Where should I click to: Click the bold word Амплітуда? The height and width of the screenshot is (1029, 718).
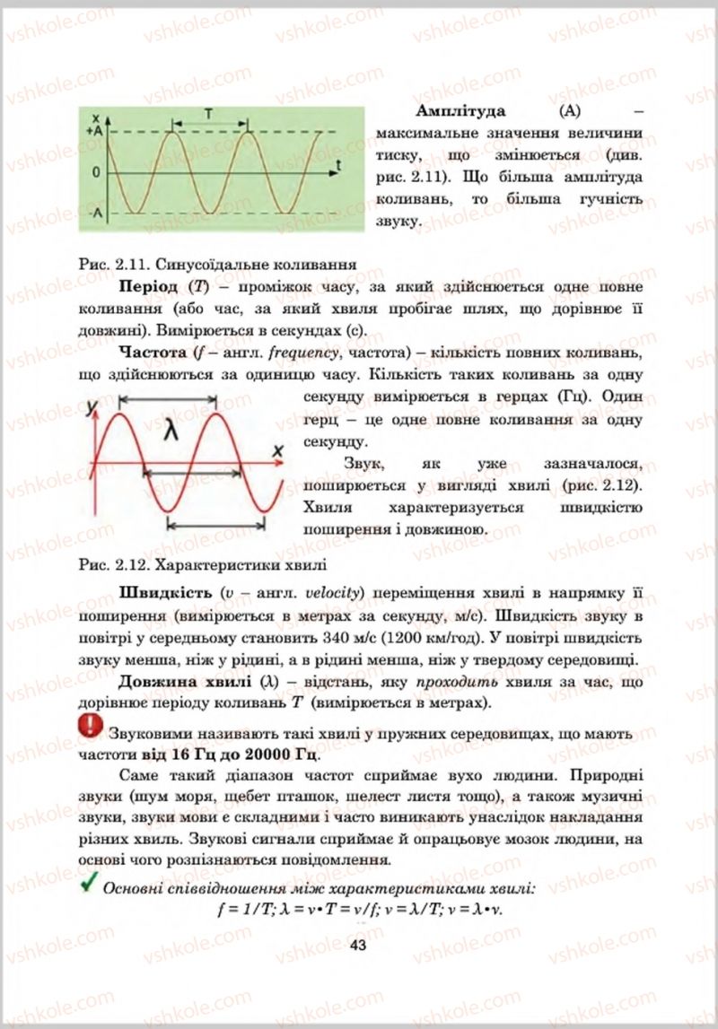[461, 111]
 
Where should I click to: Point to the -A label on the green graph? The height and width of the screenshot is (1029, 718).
[98, 214]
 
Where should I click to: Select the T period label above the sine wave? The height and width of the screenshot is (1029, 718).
[207, 115]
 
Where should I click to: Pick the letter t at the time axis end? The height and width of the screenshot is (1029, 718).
[338, 164]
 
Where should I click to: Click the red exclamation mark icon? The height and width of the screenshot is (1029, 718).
[92, 727]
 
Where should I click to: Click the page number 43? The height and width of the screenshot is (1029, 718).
[358, 945]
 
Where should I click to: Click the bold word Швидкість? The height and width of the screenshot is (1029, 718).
[166, 594]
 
